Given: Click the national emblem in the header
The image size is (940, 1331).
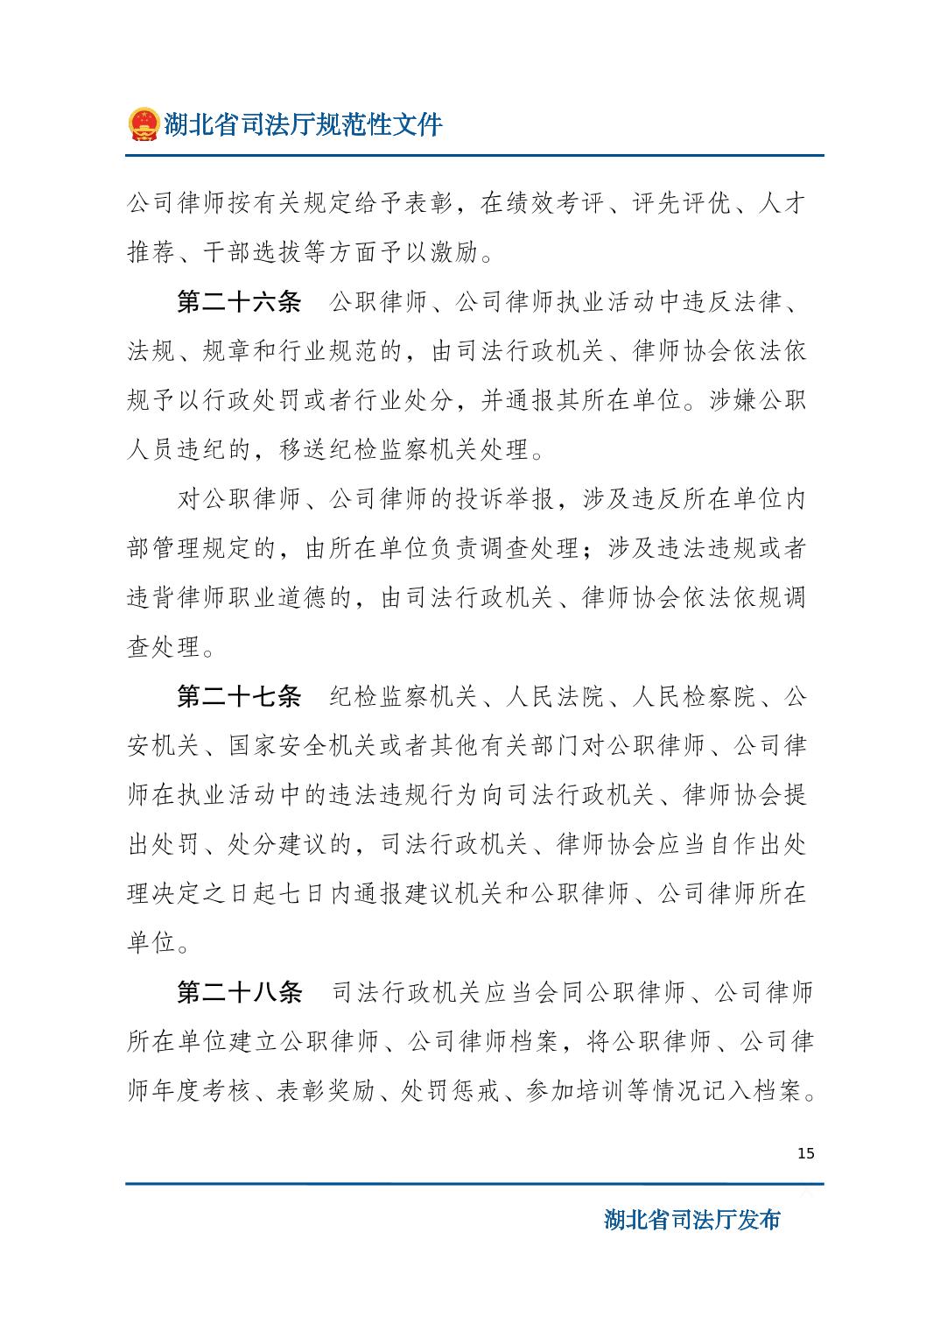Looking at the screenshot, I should coord(142,124).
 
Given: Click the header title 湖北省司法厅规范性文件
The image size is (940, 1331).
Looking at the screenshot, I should coord(303,124).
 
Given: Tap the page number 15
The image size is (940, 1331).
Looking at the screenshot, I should coord(806,1153).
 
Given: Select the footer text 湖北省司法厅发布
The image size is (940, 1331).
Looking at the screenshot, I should coord(691,1220).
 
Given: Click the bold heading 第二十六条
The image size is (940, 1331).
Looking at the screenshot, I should coord(239,303).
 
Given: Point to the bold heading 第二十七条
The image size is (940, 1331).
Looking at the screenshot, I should coord(239,697).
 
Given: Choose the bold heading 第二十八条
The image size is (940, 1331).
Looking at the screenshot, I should coord(239,993).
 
